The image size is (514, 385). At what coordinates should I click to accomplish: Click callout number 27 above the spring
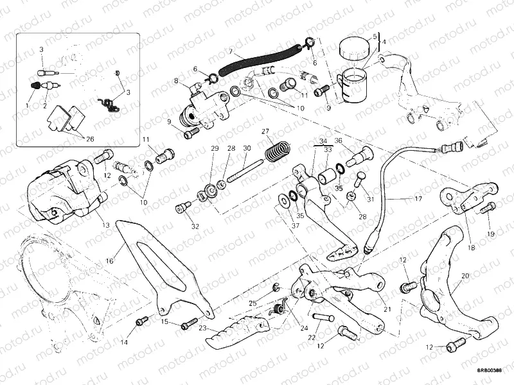pos(265,132)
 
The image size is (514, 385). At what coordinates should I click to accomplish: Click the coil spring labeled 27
pos(275,154)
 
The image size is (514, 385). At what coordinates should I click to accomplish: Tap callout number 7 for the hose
pos(231,51)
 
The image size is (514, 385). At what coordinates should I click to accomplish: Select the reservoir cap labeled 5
pos(351,47)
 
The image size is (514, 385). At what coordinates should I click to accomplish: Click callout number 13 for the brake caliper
pos(104,225)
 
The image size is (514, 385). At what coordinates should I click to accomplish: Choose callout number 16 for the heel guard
pos(110,261)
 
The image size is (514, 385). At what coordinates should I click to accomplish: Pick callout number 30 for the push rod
pos(247,148)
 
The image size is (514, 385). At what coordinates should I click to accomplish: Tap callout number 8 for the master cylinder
pos(175,81)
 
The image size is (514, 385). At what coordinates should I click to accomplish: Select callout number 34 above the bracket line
pos(323,141)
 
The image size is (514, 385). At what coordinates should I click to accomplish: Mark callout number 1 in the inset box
pos(28,104)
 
